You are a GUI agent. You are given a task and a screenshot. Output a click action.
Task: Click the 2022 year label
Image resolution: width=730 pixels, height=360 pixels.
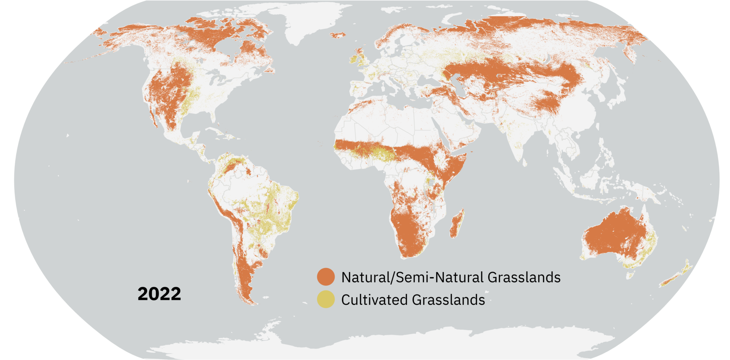pyautogui.click(x=159, y=294)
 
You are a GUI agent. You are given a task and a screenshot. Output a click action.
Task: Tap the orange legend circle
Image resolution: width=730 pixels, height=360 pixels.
pyautogui.click(x=326, y=277)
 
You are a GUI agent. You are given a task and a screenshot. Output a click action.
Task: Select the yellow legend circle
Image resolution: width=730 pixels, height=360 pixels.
pyautogui.click(x=326, y=299)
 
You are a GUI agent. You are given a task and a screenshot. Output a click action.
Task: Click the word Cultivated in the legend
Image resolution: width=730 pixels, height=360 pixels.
pyautogui.click(x=374, y=300)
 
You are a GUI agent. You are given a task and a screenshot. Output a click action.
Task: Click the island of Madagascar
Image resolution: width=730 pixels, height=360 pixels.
pyautogui.click(x=457, y=224)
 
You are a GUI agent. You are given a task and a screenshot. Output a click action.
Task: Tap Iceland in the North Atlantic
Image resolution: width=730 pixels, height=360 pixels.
pyautogui.click(x=338, y=35)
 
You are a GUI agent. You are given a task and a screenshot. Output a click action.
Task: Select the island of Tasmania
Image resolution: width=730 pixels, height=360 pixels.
pyautogui.click(x=631, y=275)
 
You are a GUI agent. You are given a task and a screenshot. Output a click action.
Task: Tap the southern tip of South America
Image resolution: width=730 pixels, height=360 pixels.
pyautogui.click(x=252, y=303)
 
